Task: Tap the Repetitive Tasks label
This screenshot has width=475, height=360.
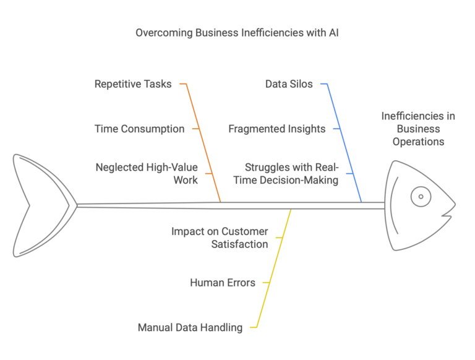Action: tap(133, 84)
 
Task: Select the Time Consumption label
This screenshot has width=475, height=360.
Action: tap(139, 129)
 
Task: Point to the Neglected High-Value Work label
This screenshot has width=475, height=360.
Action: tap(147, 173)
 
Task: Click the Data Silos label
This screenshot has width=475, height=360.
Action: tap(289, 84)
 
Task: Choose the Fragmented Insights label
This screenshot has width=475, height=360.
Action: tap(276, 129)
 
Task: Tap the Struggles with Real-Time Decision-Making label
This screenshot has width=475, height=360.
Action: tap(291, 173)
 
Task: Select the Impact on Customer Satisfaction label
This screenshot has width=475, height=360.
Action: tap(220, 238)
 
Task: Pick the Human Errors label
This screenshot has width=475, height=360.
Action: tap(223, 283)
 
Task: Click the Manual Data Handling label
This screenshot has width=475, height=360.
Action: tap(190, 327)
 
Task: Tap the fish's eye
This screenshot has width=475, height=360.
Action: tap(421, 197)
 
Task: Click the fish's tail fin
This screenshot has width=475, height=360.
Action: tap(37, 205)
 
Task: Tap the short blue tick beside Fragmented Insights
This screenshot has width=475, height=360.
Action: tap(338, 129)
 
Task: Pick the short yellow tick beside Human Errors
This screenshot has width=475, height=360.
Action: tap(267, 283)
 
